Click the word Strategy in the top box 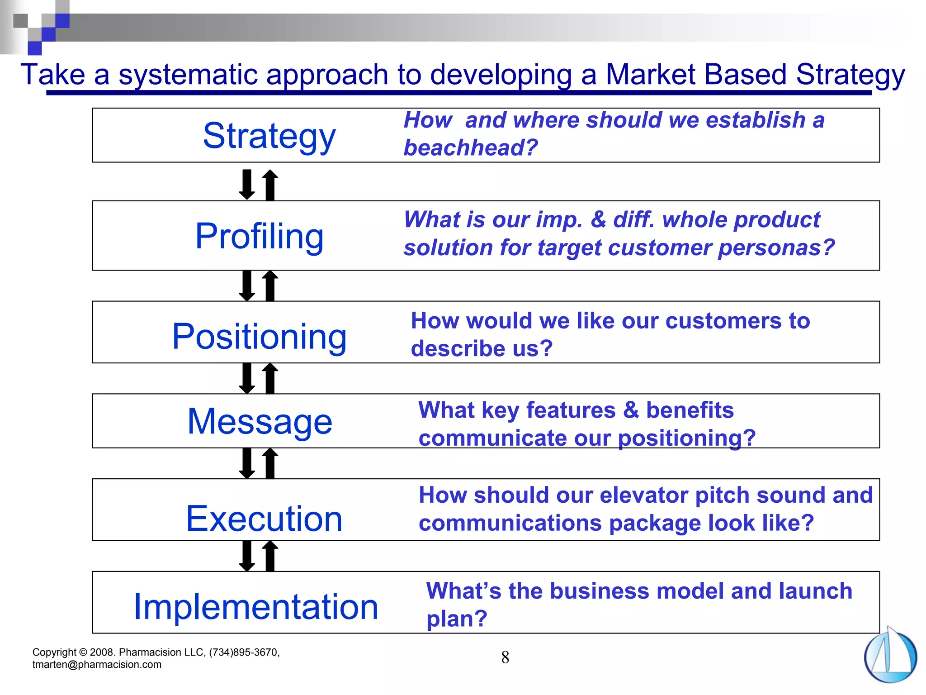coord(269,136)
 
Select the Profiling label coord(259,236)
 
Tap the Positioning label coord(259,336)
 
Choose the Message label coord(260,421)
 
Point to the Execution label coord(264,519)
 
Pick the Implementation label coord(256,606)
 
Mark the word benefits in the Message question coord(690,410)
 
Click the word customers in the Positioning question coord(723,321)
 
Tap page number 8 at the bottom coord(505,657)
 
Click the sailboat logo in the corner coord(890,656)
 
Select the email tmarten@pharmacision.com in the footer coord(97,665)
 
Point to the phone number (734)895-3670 coord(244,652)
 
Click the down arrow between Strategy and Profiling coord(247,184)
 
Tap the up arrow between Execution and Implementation coord(270,556)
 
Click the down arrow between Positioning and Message coord(247,378)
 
